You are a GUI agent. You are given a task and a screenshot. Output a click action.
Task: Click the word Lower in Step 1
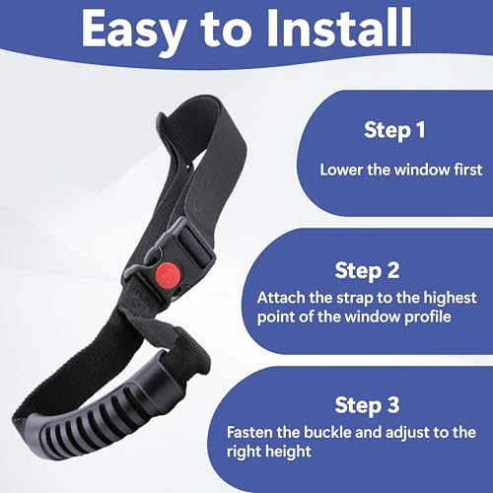click(340, 169)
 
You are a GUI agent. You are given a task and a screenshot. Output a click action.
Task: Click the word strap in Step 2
click(350, 297)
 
